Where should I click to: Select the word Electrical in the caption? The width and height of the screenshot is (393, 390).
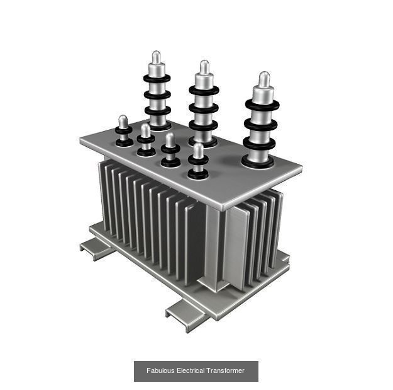(x=191, y=371)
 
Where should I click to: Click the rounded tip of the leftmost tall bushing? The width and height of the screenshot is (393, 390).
(x=156, y=57)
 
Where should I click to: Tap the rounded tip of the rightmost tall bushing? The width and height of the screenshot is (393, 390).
(x=264, y=79)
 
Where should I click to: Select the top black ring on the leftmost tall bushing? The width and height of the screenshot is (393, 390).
(x=156, y=79)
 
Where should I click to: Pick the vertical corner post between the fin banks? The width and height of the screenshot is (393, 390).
(x=214, y=246)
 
